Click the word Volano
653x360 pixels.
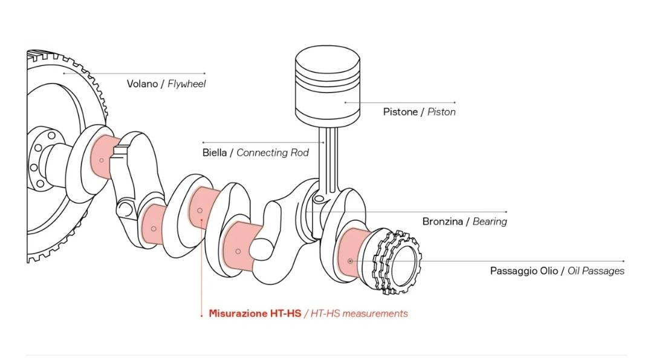point(141,84)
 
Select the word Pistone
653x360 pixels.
point(400,112)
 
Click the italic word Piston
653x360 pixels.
point(441,112)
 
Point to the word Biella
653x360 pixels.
point(215,152)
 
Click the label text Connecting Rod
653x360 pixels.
point(272,152)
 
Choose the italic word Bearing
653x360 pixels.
point(490,221)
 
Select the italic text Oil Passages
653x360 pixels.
point(596,271)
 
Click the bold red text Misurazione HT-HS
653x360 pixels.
point(255,313)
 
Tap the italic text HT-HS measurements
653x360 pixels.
point(359,313)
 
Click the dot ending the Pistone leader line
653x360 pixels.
point(346,102)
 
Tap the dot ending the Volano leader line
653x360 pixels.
point(64,73)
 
